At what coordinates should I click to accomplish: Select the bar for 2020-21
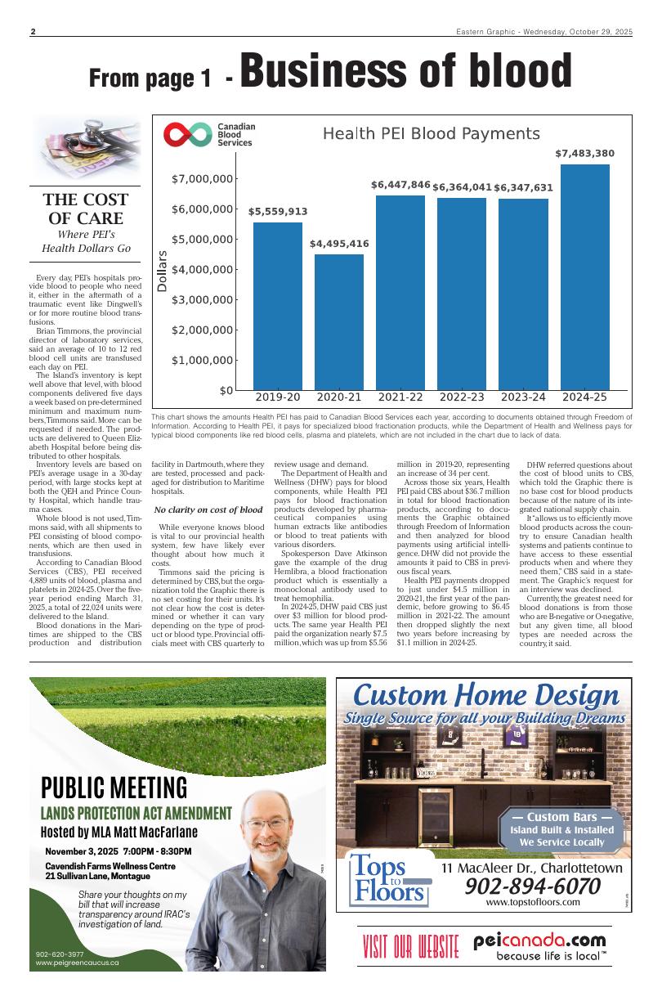[x=339, y=322]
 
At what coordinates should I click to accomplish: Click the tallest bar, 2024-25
[x=584, y=278]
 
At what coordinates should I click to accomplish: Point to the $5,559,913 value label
[x=278, y=212]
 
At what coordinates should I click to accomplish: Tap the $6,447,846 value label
[x=400, y=185]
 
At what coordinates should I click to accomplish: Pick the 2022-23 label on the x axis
[x=462, y=397]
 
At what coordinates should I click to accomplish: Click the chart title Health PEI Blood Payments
[x=431, y=134]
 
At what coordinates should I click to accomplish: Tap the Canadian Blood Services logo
[x=209, y=135]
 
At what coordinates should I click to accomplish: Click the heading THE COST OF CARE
[x=85, y=209]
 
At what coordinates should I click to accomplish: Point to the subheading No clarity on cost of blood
[x=213, y=509]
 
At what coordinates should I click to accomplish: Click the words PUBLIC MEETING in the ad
[x=114, y=788]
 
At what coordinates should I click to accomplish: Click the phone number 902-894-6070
[x=532, y=887]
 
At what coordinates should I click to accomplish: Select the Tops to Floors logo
[x=390, y=881]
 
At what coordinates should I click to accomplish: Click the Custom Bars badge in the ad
[x=561, y=829]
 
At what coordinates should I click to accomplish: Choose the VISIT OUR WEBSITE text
[x=410, y=946]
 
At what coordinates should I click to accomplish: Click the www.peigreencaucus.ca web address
[x=78, y=963]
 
